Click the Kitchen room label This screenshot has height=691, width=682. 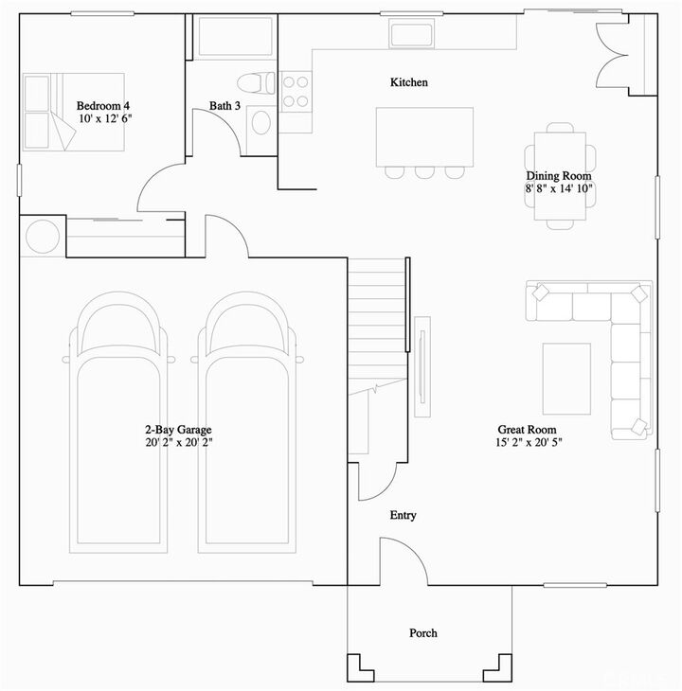coord(409,82)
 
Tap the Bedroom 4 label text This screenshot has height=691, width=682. coord(103,106)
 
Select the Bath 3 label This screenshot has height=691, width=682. coord(224,106)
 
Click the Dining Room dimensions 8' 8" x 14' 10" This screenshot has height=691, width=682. coord(559,188)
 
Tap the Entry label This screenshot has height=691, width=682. coord(403,516)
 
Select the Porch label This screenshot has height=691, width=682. coord(422,633)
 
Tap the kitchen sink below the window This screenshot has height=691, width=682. coord(412,34)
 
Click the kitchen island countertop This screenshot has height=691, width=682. coord(424,136)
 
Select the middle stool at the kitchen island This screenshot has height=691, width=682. coord(424,172)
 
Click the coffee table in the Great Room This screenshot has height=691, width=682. coord(566,379)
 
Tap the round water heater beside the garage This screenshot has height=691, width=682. coord(42,237)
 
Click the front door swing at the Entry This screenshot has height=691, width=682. coord(403,558)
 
